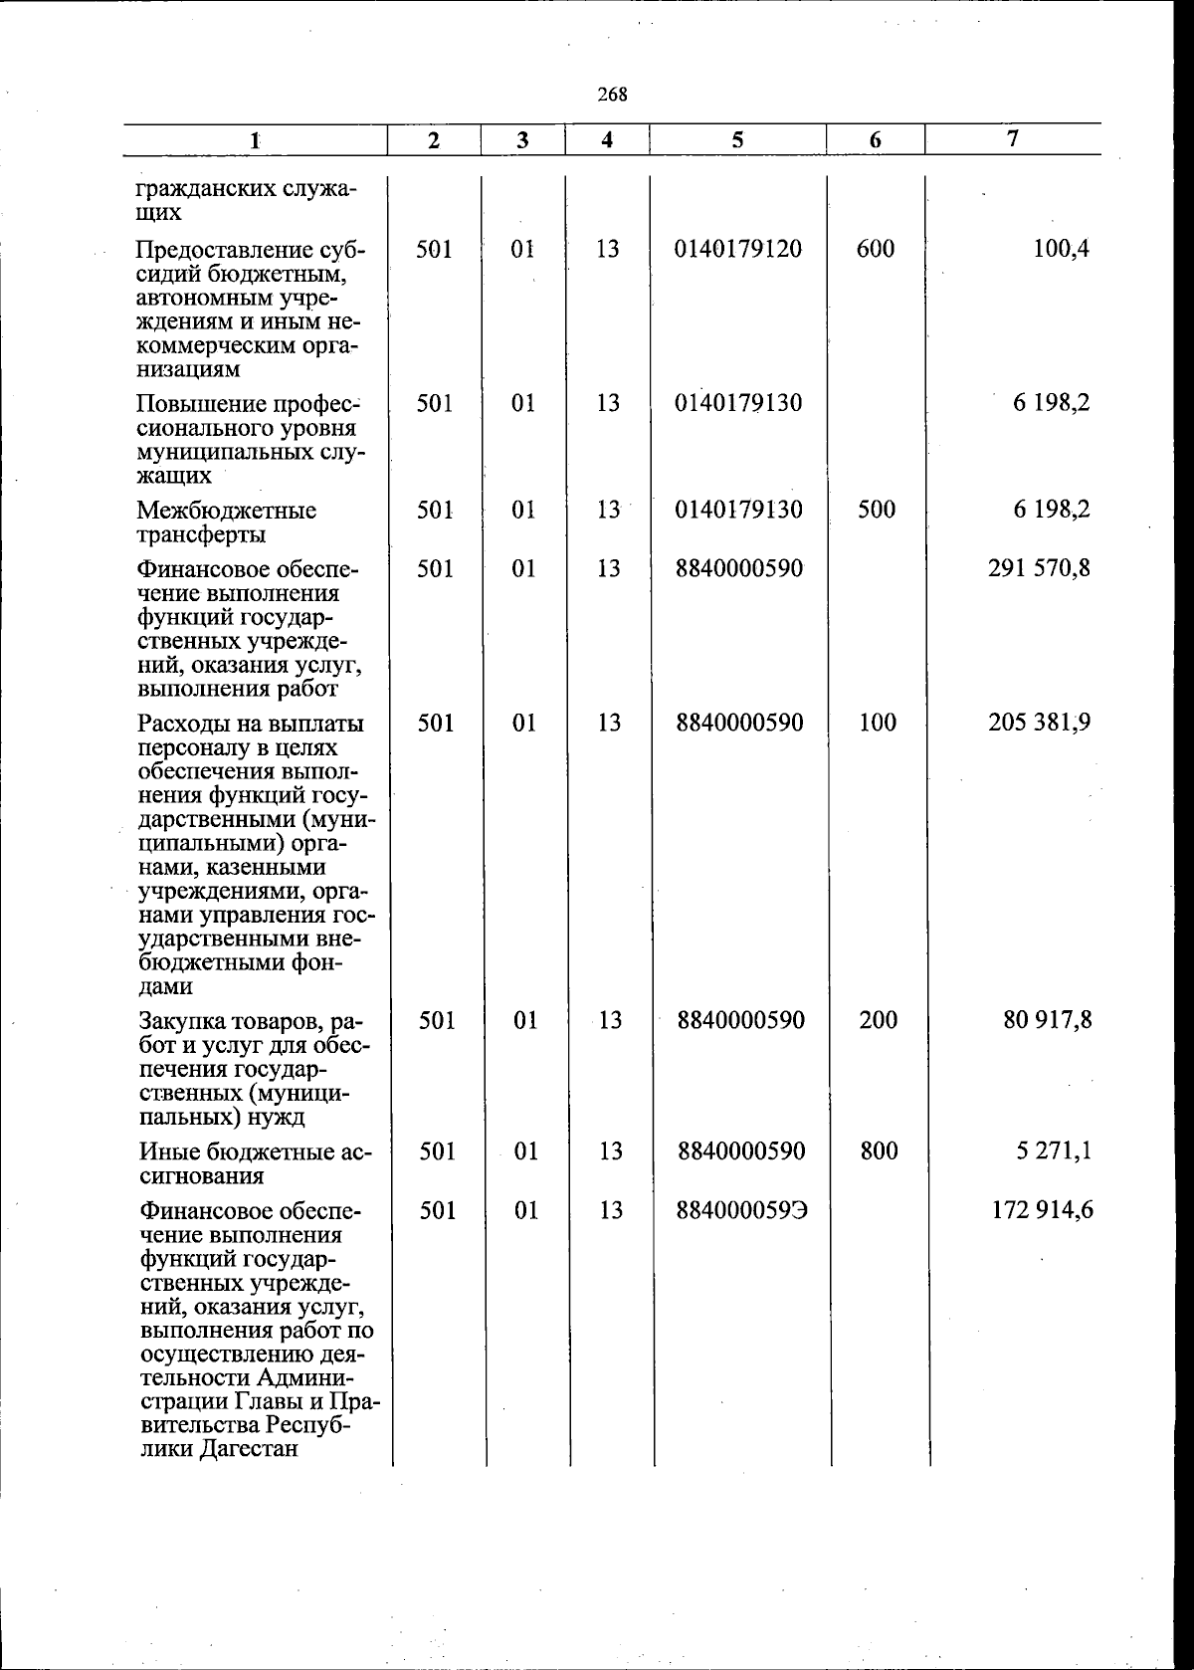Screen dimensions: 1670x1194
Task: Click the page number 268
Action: [x=612, y=96]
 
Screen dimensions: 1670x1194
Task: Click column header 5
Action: [x=737, y=140]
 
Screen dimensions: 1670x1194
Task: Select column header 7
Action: [x=1012, y=139]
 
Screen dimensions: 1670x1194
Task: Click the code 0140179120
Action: [x=737, y=249]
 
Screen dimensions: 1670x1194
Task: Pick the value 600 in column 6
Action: [x=875, y=249]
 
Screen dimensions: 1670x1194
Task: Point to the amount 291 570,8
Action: [x=1039, y=569]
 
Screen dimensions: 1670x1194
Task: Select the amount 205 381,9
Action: [x=1039, y=723]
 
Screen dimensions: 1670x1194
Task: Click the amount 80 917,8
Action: [x=1047, y=1020]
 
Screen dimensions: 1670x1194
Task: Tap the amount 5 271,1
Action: [x=1054, y=1151]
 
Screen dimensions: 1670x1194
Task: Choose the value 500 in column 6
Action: [x=876, y=510]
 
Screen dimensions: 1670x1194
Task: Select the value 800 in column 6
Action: [x=878, y=1151]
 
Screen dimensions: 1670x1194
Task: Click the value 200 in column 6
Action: [x=878, y=1020]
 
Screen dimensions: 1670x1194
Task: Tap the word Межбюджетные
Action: [x=227, y=511]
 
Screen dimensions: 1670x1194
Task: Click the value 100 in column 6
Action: [x=877, y=723]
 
